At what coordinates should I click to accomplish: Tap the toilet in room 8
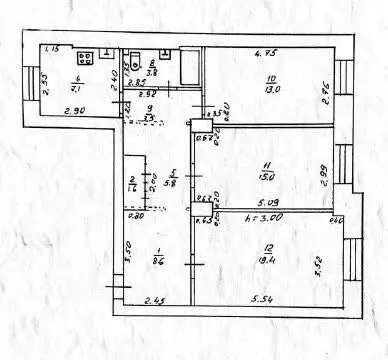click(x=133, y=57)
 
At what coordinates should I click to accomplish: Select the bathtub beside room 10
click(x=185, y=69)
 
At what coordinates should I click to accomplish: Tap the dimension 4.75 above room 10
click(x=264, y=54)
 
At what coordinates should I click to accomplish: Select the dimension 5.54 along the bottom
click(x=264, y=298)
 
